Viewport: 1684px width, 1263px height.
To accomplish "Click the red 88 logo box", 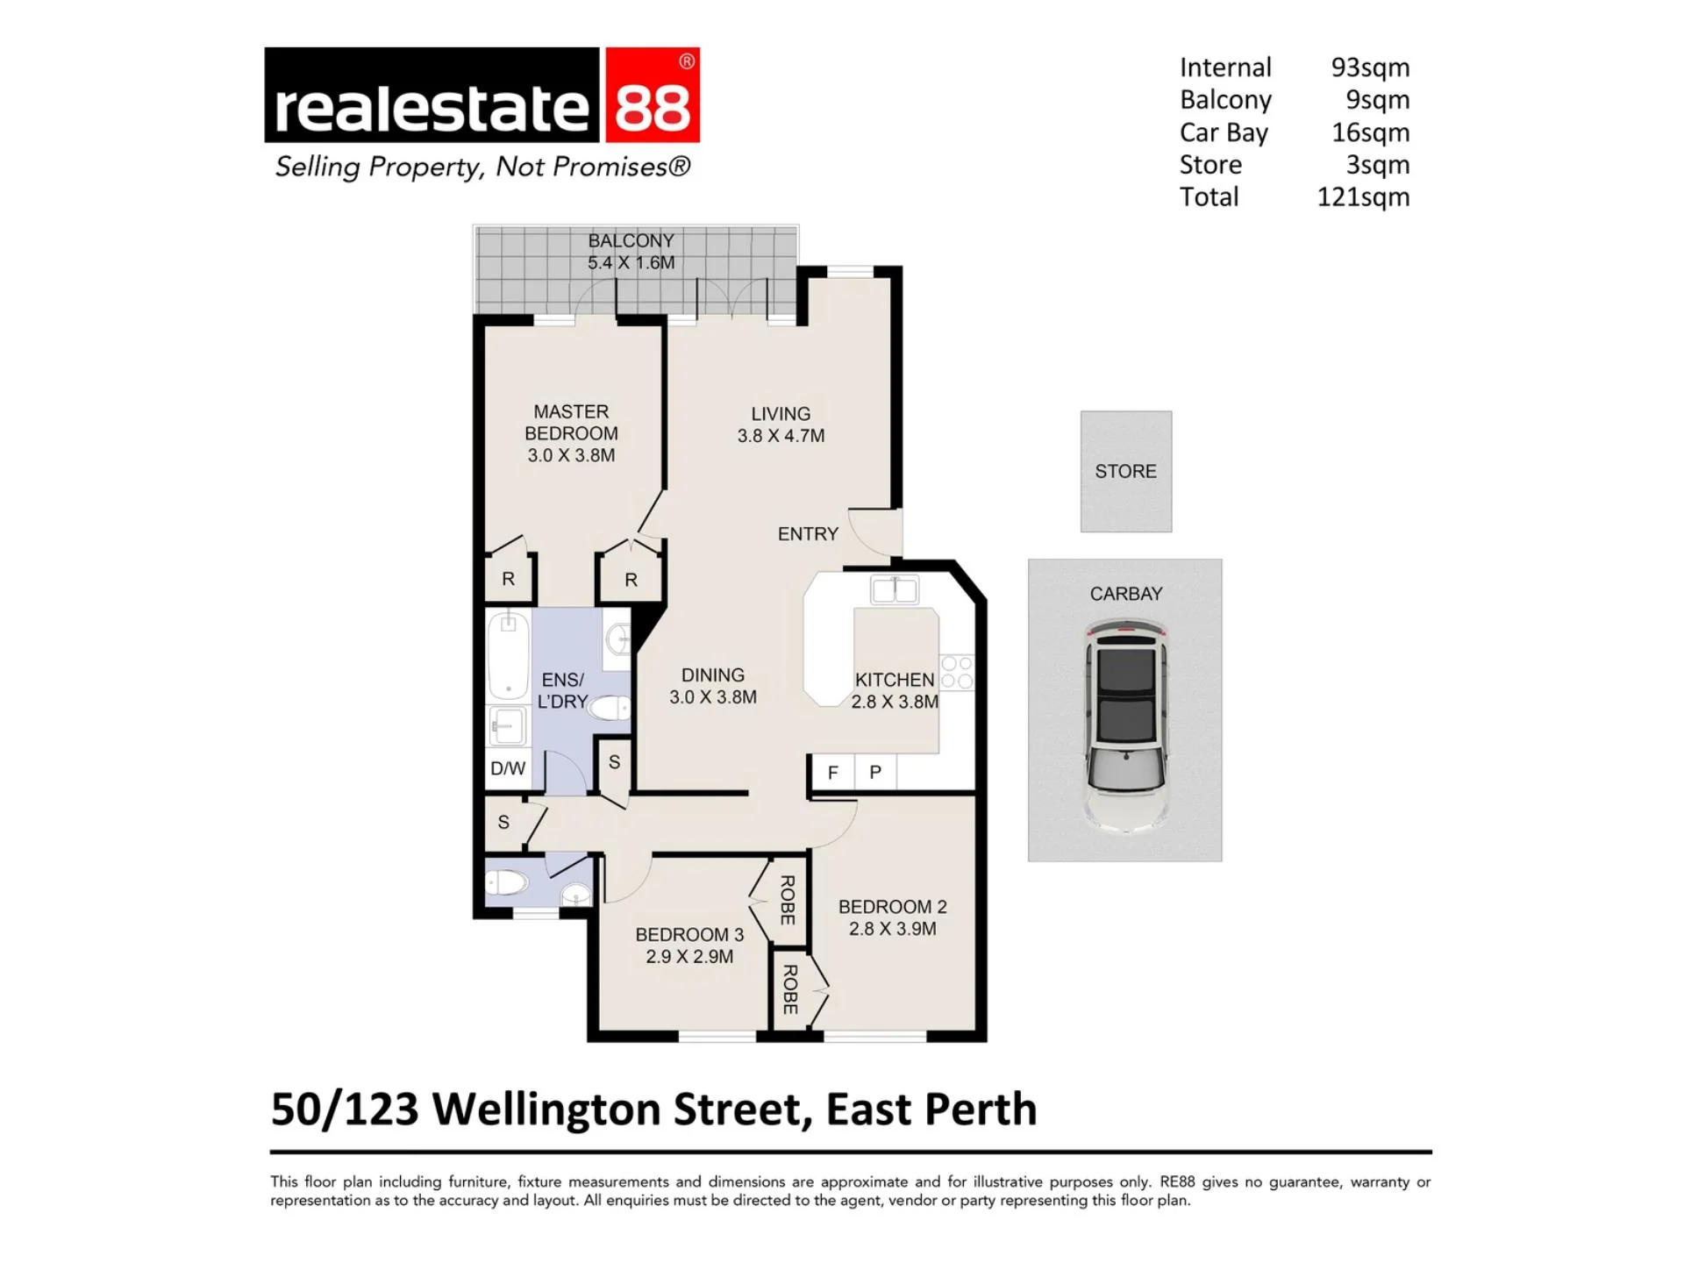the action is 650,95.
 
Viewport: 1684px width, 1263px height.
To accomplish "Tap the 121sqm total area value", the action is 1363,197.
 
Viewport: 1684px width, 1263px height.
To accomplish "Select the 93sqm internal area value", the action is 1370,68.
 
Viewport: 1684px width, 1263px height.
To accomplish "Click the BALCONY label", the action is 631,240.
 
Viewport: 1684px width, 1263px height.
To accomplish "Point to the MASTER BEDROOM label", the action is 571,422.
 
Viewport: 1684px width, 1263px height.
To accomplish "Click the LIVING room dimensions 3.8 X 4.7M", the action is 781,436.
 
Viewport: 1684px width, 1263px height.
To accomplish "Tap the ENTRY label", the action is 808,534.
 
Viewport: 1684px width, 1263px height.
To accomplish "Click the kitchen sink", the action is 895,589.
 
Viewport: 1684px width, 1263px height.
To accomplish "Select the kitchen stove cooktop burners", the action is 957,672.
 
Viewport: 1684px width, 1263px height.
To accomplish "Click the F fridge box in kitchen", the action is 832,773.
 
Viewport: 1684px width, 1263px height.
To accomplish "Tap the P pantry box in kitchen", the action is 875,773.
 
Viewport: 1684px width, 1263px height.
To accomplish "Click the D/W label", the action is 508,769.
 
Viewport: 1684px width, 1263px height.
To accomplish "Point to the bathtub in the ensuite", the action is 508,656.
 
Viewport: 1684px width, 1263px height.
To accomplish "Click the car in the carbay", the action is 1126,725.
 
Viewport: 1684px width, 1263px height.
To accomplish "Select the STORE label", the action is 1125,472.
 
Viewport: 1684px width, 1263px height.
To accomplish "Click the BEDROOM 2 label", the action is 893,907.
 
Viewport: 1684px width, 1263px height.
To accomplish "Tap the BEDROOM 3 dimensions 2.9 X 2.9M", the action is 689,957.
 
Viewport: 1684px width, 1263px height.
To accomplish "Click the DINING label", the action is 713,675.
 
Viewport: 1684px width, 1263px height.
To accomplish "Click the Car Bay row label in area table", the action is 1224,133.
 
